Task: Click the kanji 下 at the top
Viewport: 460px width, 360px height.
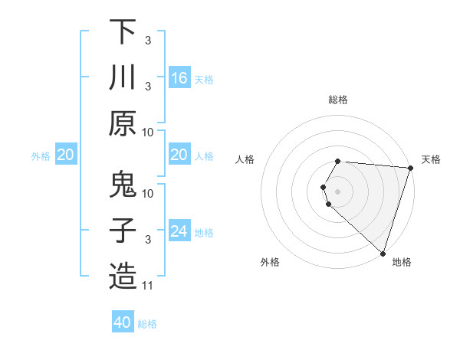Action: (x=123, y=33)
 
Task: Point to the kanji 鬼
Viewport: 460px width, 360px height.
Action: (x=123, y=186)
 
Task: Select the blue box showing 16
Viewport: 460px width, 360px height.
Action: (x=179, y=77)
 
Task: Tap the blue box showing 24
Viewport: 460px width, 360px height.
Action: (x=179, y=231)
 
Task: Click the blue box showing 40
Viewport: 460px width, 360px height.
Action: (x=123, y=322)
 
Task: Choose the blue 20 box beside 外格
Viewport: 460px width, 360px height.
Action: (x=65, y=155)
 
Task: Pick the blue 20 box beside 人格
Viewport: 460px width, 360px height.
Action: (x=179, y=155)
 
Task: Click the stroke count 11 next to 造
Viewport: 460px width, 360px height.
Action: (x=149, y=286)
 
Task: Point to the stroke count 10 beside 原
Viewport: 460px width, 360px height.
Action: (x=149, y=132)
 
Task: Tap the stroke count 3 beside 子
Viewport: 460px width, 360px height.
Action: (x=148, y=240)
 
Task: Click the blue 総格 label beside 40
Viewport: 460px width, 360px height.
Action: (x=147, y=323)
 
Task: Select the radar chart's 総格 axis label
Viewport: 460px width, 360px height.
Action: (x=338, y=100)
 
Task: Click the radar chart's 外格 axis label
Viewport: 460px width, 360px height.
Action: (x=270, y=262)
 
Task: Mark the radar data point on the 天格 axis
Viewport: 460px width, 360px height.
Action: (x=410, y=168)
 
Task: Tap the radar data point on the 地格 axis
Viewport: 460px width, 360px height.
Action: (x=383, y=253)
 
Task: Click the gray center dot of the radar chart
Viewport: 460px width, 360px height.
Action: (x=338, y=191)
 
